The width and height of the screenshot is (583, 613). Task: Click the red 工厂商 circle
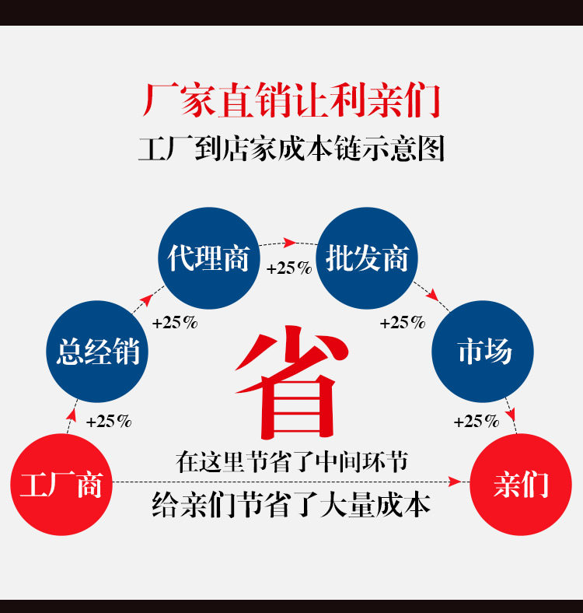click(61, 485)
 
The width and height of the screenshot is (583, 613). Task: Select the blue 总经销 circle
click(97, 351)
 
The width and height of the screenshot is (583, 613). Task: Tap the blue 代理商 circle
click(209, 258)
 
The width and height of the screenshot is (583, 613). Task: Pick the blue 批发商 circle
click(367, 258)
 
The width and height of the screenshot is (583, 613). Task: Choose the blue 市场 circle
click(483, 351)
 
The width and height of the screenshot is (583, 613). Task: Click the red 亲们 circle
click(521, 485)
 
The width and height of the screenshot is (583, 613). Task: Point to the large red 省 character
click(291, 381)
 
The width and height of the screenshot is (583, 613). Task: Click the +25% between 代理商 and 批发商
click(289, 268)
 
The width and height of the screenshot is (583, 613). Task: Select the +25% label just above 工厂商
click(109, 422)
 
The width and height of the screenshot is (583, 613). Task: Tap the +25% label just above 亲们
click(477, 422)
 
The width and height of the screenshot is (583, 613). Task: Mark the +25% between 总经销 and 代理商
click(175, 323)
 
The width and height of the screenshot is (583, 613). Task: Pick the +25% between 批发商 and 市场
click(403, 323)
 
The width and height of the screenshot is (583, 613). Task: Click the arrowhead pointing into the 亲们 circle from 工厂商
click(455, 482)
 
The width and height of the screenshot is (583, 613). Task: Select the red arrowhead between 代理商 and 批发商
click(289, 243)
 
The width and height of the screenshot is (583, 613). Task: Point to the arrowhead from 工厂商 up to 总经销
click(72, 415)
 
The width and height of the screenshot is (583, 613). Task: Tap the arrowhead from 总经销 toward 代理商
click(146, 299)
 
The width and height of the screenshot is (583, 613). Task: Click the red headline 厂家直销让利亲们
click(291, 100)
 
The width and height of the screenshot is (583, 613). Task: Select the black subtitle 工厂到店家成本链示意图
click(291, 149)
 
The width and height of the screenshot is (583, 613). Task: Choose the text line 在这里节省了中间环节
click(291, 462)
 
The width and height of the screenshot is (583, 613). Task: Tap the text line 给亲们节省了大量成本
click(291, 505)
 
